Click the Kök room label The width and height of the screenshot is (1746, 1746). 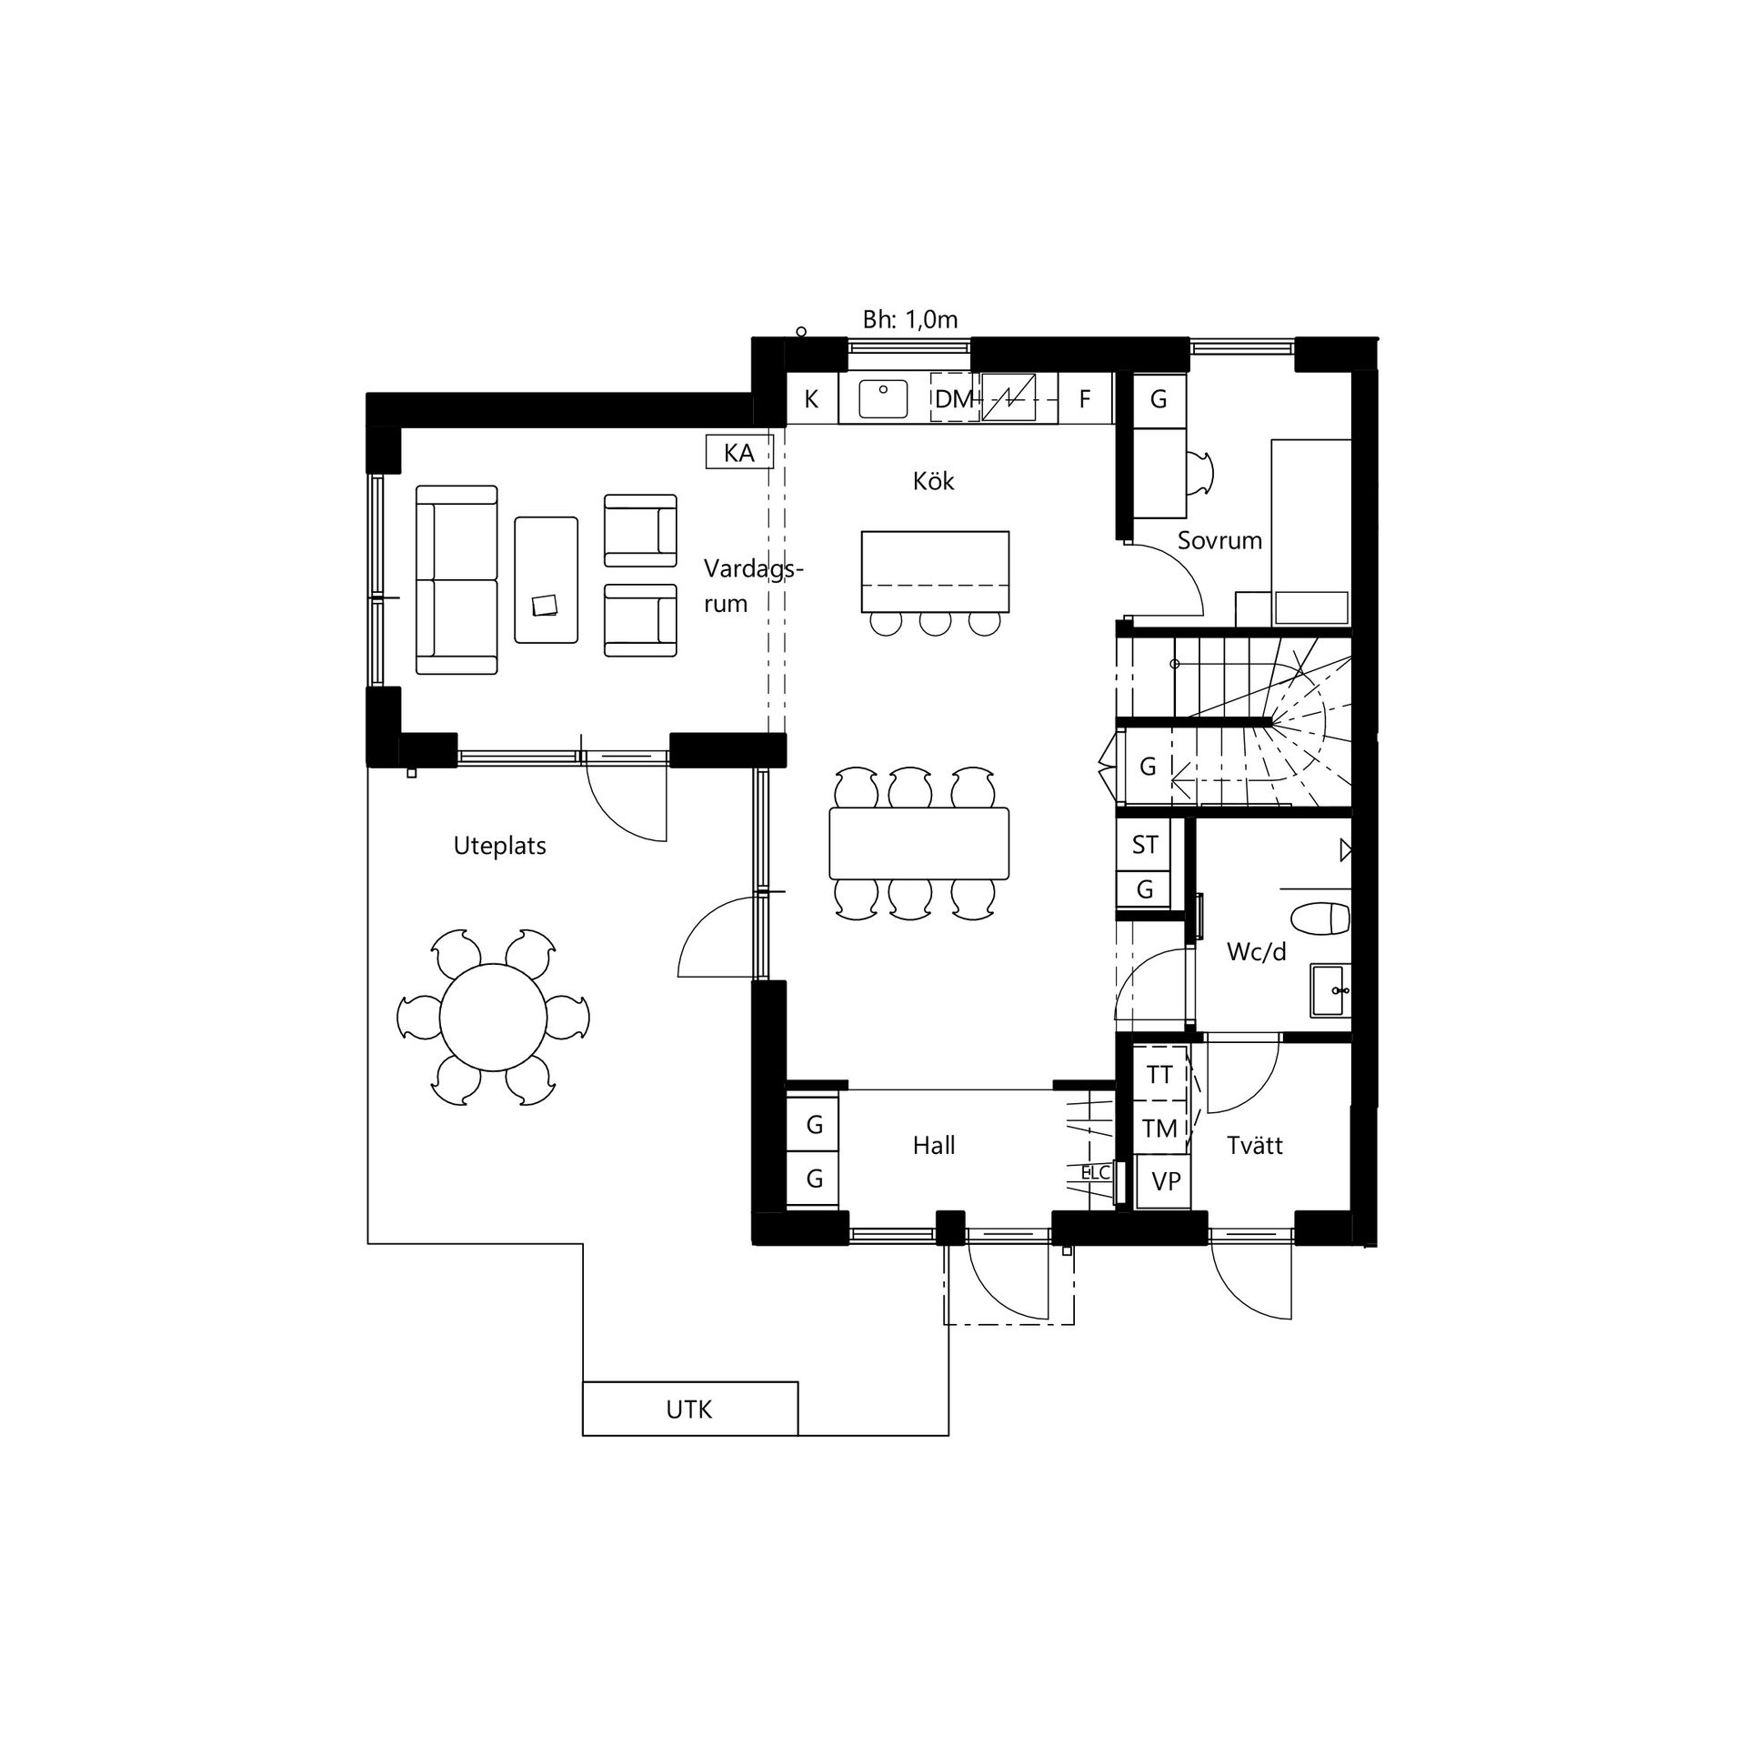pos(934,480)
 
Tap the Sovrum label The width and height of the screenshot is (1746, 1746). pos(1219,540)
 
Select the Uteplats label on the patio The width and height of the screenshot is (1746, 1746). pos(499,846)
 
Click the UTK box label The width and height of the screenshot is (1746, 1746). pos(689,1410)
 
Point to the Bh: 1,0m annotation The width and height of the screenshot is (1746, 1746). pos(910,320)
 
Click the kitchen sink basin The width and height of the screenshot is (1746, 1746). pos(883,399)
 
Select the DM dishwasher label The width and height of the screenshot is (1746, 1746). pos(955,398)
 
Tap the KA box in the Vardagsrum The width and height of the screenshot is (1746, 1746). pos(739,452)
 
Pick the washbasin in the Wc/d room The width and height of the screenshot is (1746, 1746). pos(1331,990)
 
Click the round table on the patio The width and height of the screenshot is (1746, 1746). pos(494,1017)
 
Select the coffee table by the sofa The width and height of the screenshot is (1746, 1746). pos(546,580)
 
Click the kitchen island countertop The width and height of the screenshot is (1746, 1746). pos(935,572)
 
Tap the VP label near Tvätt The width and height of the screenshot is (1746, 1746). pos(1166,1181)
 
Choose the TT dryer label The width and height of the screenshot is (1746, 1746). pos(1159,1075)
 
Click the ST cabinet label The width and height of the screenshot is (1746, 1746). pos(1145,845)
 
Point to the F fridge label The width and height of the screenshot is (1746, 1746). pos(1084,398)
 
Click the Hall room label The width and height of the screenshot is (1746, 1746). pos(934,1146)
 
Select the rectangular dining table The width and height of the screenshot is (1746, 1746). pos(919,843)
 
